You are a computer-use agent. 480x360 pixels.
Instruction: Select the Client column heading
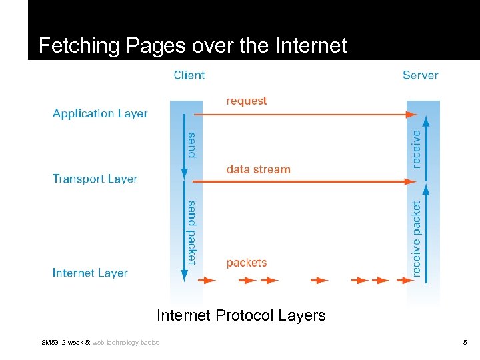pyautogui.click(x=189, y=75)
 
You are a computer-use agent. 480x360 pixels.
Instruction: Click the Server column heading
pyautogui.click(x=420, y=75)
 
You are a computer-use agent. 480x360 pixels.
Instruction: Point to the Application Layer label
pyautogui.click(x=100, y=113)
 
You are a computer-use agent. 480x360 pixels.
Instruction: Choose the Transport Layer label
pyautogui.click(x=95, y=179)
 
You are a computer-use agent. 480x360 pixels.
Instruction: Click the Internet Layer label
pyautogui.click(x=90, y=273)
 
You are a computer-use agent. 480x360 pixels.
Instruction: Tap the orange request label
pyautogui.click(x=246, y=101)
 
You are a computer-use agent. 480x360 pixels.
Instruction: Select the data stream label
pyautogui.click(x=258, y=169)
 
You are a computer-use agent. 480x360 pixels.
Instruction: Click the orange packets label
pyautogui.click(x=246, y=263)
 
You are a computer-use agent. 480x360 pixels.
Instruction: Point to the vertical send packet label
pyautogui.click(x=192, y=233)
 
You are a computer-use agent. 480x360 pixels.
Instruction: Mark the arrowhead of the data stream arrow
pyautogui.click(x=412, y=181)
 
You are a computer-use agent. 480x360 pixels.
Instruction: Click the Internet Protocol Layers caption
pyautogui.click(x=241, y=315)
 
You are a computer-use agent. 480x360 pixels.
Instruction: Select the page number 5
pyautogui.click(x=465, y=343)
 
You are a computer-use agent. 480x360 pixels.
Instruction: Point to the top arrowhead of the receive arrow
pyautogui.click(x=427, y=121)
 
